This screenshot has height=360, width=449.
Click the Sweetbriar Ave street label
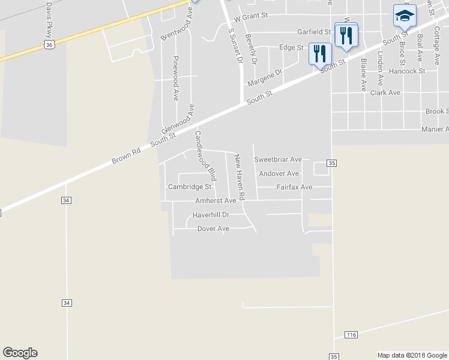[x=277, y=160]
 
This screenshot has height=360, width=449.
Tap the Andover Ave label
[x=279, y=173]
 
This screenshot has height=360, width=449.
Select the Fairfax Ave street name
[x=294, y=187]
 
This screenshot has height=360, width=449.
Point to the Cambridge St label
[x=190, y=187]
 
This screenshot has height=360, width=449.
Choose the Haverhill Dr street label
[x=211, y=214]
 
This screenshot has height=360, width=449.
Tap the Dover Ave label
[x=213, y=229]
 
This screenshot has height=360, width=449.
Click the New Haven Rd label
[x=239, y=177]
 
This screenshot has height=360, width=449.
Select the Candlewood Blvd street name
[x=205, y=156]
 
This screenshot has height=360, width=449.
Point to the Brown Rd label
[x=125, y=157]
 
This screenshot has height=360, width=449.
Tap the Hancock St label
[x=406, y=71]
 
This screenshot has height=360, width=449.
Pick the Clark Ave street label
[x=385, y=92]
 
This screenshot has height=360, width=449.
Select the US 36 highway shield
[x=50, y=44]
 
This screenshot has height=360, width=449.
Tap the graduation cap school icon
[x=405, y=16]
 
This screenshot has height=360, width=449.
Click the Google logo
[x=20, y=353]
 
